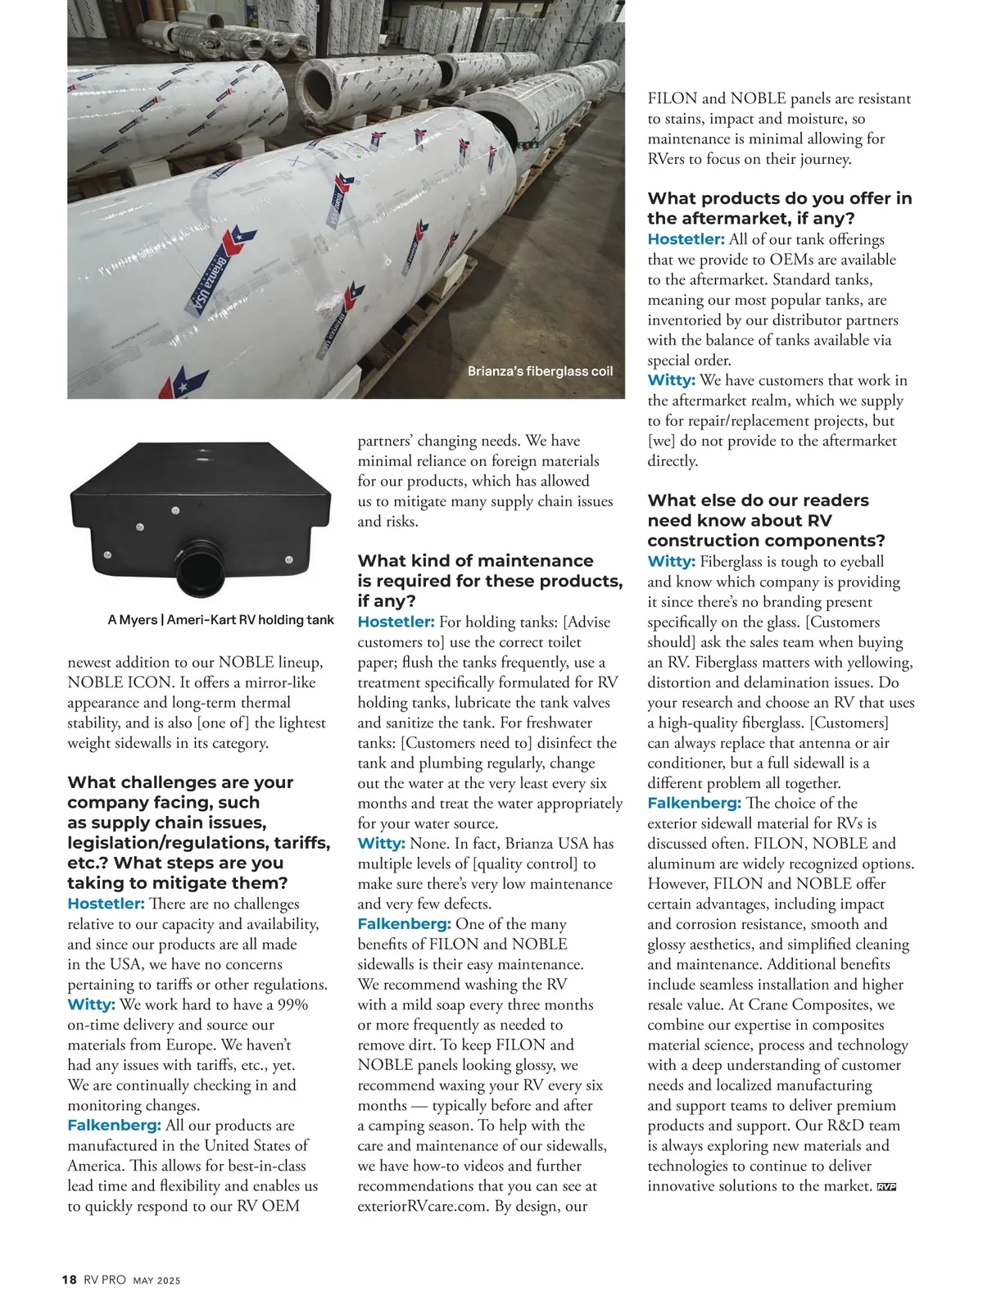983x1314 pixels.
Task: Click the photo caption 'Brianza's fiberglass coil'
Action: point(540,371)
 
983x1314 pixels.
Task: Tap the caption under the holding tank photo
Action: point(220,620)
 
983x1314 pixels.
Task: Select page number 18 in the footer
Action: point(70,1280)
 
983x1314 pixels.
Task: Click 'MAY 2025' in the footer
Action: point(156,1281)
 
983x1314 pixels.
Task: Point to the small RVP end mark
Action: point(886,1187)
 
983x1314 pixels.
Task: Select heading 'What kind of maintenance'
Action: point(475,561)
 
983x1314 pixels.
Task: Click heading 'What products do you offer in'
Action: point(779,199)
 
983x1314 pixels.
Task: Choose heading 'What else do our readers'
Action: point(758,501)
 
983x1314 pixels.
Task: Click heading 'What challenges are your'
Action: point(180,782)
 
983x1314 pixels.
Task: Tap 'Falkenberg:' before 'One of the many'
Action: point(404,924)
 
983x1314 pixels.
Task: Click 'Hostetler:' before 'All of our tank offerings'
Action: point(686,239)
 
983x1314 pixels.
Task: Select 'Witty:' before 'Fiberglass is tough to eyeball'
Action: point(671,561)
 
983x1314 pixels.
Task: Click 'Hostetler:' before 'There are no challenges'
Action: point(106,904)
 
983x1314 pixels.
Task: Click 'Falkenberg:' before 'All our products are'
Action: point(114,1126)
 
